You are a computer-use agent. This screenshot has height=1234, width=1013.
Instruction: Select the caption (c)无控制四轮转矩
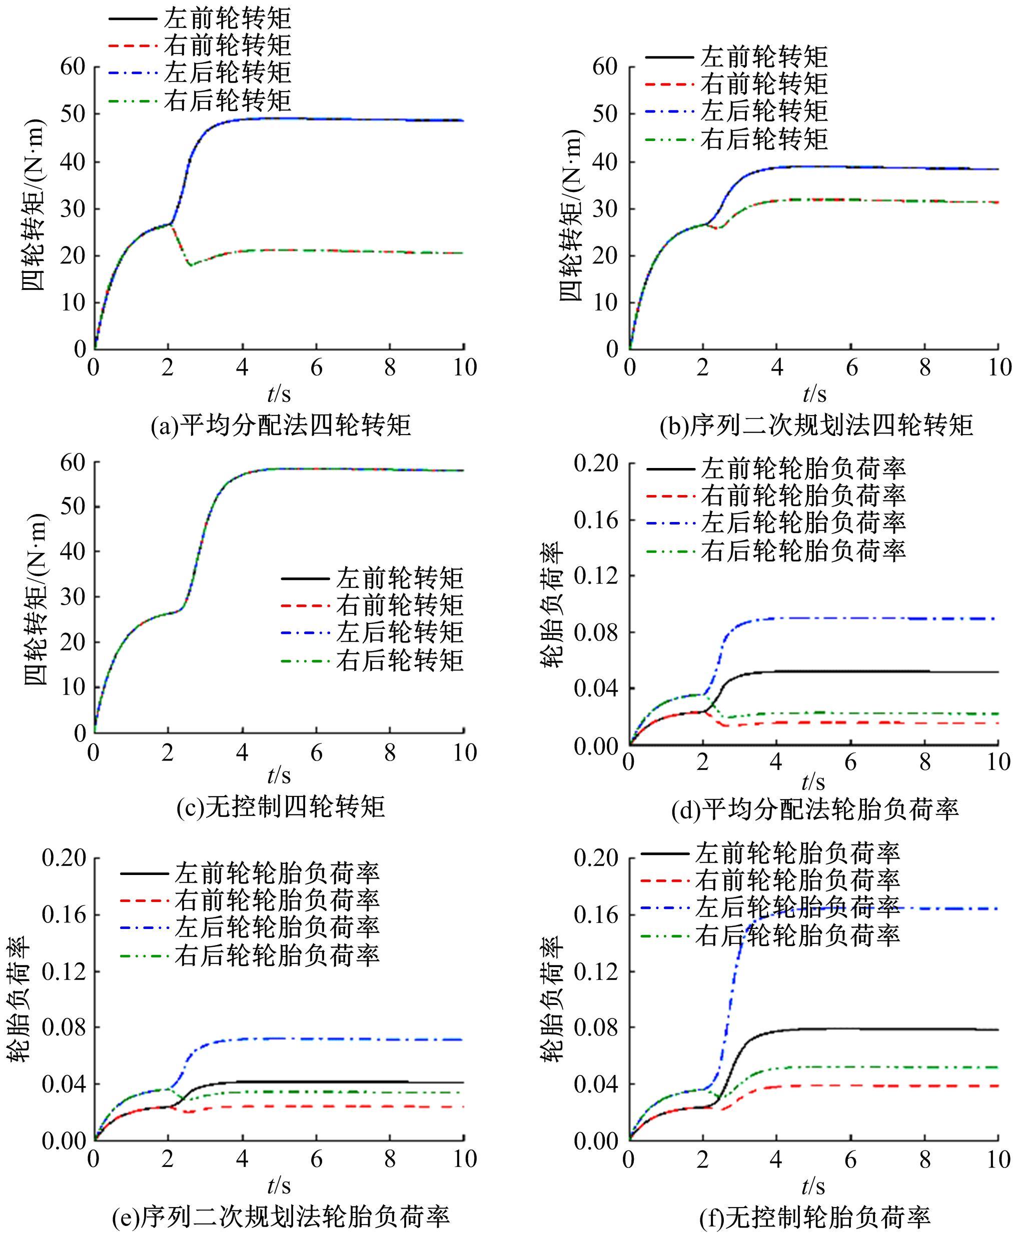point(281,807)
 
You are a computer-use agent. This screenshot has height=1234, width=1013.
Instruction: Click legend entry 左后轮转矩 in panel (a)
point(228,73)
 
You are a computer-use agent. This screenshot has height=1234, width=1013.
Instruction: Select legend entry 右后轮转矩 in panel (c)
point(400,660)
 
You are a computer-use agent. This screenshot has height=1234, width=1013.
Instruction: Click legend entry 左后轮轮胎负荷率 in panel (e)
point(277,928)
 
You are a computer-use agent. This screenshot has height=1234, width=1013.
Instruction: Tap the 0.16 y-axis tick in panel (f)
point(596,914)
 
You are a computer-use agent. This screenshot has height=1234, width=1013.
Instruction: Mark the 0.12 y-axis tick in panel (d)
point(596,575)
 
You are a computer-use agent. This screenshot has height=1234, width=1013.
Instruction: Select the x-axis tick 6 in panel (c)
point(316,753)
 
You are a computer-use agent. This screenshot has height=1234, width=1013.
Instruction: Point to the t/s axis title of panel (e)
point(279,1185)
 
